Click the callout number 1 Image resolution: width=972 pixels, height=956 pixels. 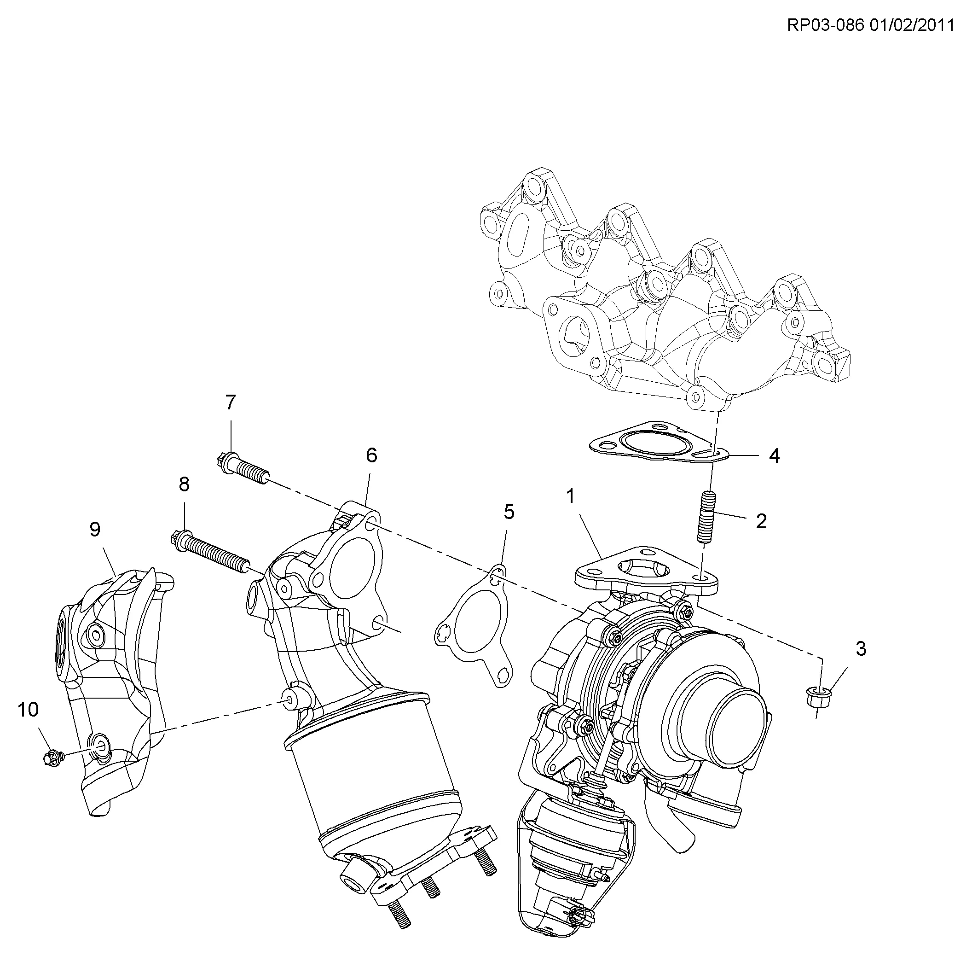point(570,496)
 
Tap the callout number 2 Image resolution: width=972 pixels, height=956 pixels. point(761,521)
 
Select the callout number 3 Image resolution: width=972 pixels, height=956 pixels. point(861,649)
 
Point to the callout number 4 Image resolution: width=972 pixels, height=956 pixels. point(774,456)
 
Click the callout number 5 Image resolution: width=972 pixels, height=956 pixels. point(509,512)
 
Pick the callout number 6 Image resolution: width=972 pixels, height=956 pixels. point(371,455)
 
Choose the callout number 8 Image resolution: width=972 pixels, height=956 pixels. point(184,484)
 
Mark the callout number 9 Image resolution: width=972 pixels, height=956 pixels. point(95,529)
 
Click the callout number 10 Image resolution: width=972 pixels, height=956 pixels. point(28,710)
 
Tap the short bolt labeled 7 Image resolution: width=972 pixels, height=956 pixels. point(243,468)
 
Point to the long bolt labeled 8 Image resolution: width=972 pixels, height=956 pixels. point(208,550)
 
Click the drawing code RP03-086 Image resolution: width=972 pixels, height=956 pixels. point(826,25)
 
